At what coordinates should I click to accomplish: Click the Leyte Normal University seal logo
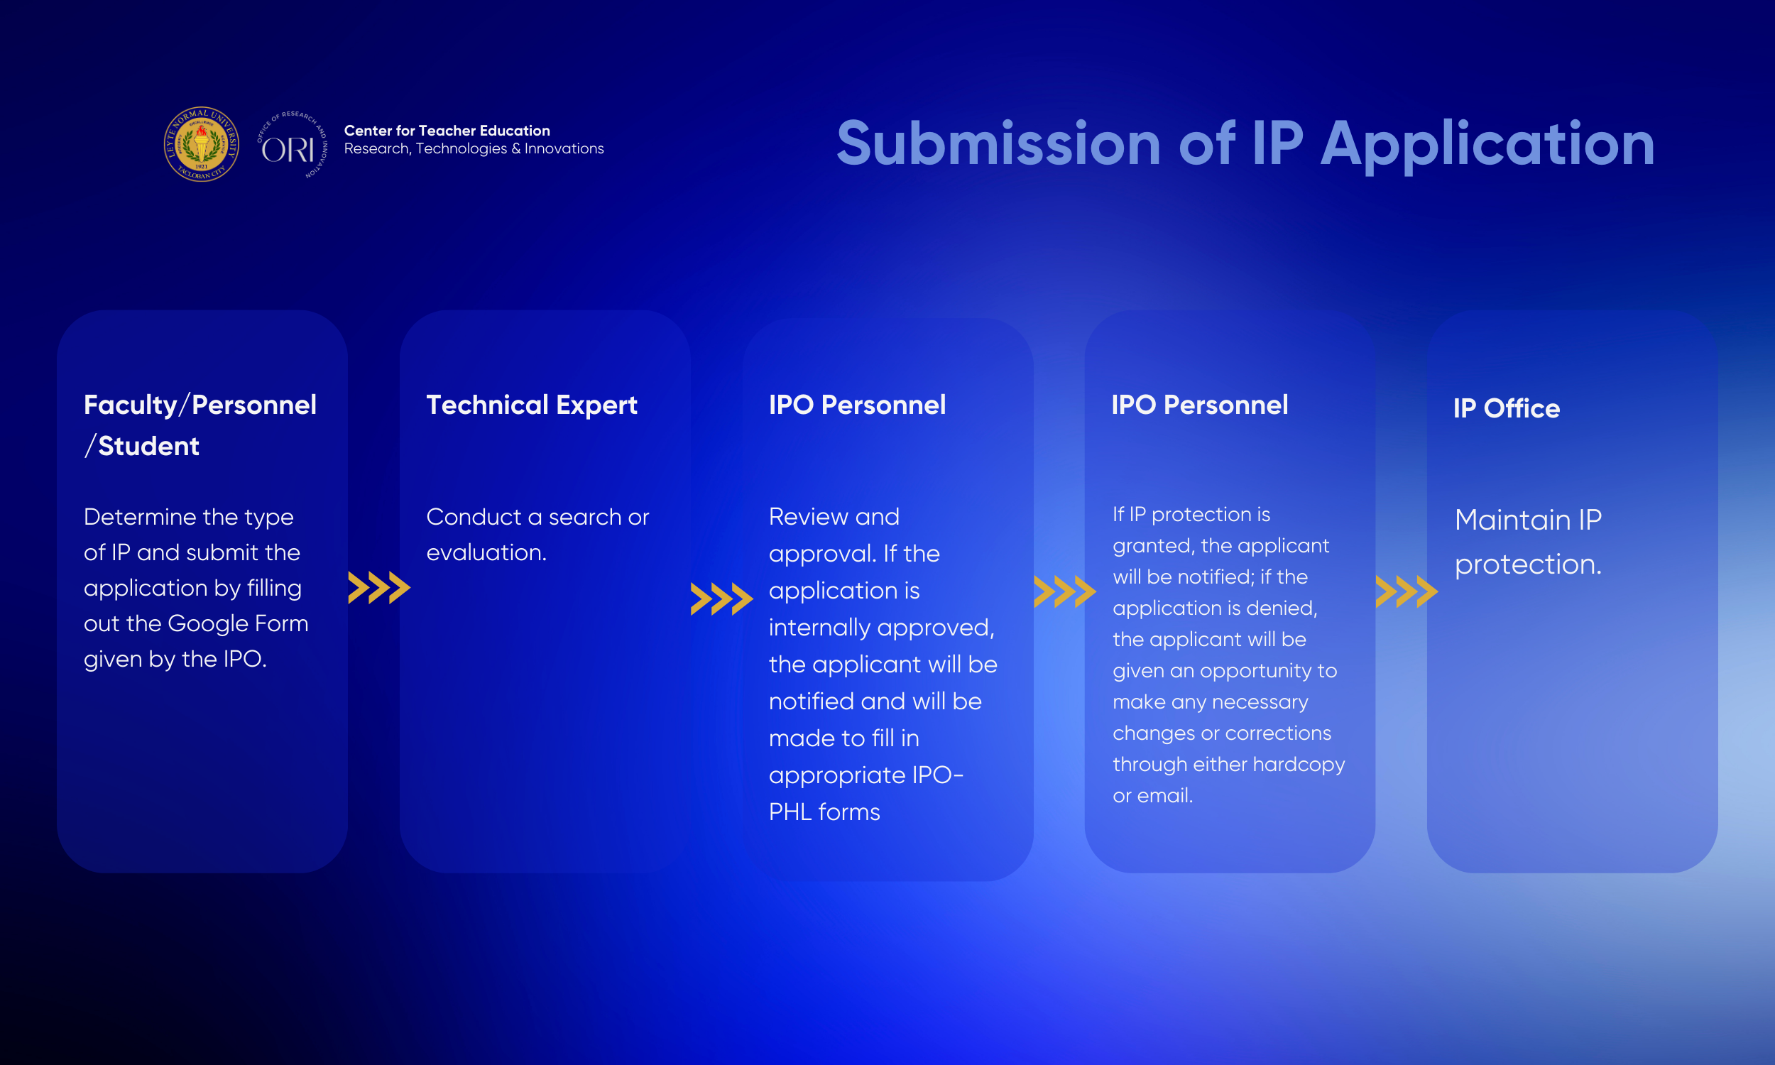click(x=201, y=144)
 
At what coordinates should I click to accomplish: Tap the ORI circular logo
click(x=292, y=145)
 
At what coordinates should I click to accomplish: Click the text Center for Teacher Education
click(x=447, y=131)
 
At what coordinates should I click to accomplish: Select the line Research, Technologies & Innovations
click(x=474, y=148)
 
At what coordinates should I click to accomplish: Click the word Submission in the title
click(x=999, y=143)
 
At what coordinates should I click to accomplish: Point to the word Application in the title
click(x=1488, y=146)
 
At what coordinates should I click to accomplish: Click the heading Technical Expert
click(x=532, y=405)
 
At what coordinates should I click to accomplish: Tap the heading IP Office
click(x=1507, y=408)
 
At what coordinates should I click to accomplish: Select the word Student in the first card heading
click(x=148, y=447)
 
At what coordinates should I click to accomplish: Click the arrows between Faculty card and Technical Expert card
click(x=380, y=588)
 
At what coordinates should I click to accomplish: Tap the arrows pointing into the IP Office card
click(x=1407, y=592)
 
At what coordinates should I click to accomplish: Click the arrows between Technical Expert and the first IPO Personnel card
click(x=722, y=599)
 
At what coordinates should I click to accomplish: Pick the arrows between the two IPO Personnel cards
click(x=1065, y=592)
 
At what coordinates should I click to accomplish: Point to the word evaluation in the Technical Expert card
click(x=486, y=552)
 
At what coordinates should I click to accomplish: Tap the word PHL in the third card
click(x=790, y=812)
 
